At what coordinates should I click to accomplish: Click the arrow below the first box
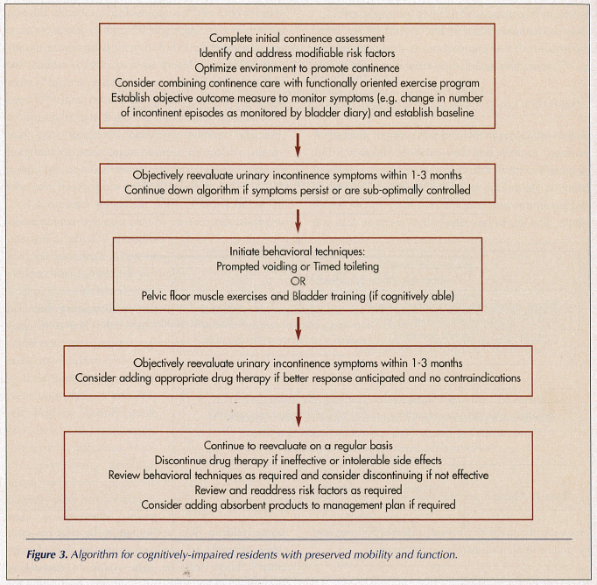click(298, 142)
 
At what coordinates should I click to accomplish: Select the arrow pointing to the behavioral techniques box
click(298, 217)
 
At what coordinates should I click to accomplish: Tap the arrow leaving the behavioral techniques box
click(298, 327)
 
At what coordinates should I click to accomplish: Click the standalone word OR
click(298, 281)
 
